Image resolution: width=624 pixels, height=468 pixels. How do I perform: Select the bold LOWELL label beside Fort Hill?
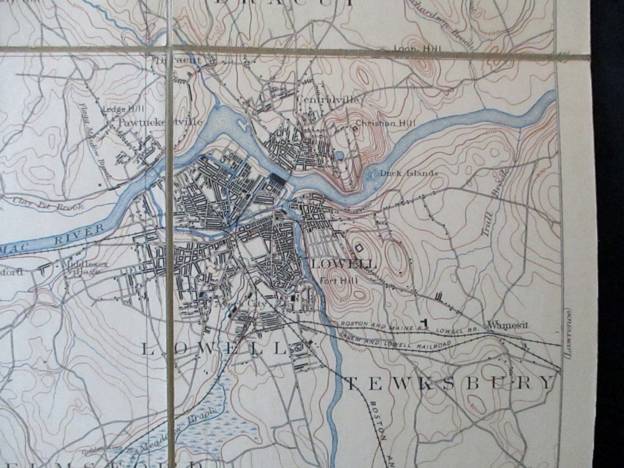pos(344,264)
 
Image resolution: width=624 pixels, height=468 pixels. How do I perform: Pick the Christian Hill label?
pos(382,123)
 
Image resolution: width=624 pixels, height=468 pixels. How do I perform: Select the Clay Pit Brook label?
pos(48,206)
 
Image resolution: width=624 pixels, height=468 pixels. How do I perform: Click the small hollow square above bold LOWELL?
pos(360,248)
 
